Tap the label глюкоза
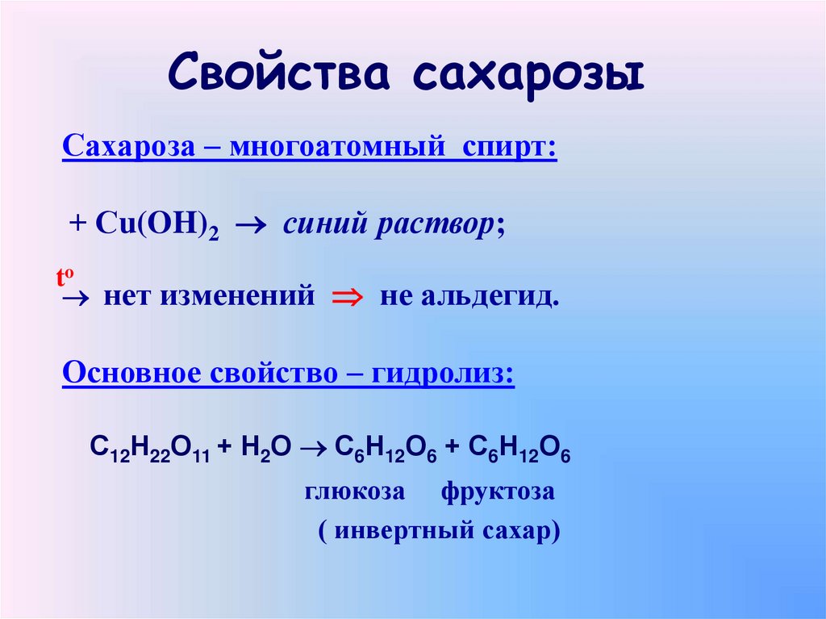[355, 491]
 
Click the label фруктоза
[498, 491]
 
